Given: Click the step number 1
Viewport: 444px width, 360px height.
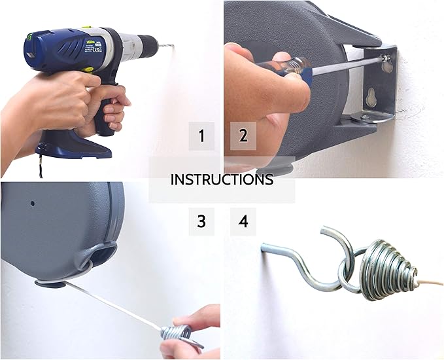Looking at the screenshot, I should coord(201,136).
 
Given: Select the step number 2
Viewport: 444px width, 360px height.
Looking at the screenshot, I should coord(243,136).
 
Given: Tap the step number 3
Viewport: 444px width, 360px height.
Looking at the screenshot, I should coord(201,222).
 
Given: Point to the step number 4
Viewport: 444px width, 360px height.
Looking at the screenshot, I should coord(243,222).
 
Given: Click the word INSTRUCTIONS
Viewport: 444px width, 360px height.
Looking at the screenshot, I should coord(222,179).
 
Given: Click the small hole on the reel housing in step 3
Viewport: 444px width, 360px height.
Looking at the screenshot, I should coord(32,203).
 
